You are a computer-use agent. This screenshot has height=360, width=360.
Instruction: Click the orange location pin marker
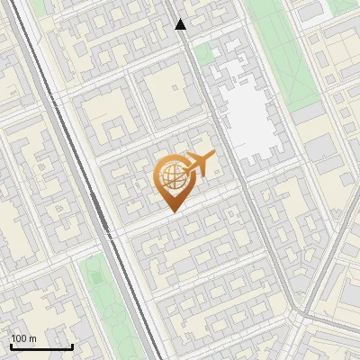pyautogui.click(x=173, y=181)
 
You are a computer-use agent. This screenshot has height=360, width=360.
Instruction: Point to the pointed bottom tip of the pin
pyautogui.click(x=173, y=211)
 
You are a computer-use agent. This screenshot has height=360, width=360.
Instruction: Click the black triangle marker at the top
pyautogui.click(x=181, y=24)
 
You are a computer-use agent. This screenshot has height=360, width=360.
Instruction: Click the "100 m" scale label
pyautogui.click(x=23, y=338)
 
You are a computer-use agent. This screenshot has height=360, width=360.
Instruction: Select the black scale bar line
pyautogui.click(x=41, y=346)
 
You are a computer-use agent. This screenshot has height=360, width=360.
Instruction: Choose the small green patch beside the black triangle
pyautogui.click(x=203, y=54)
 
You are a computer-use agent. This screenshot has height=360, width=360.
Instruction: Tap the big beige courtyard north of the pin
pyautogui.click(x=164, y=90)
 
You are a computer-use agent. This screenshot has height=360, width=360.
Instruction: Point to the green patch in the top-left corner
pyautogui.click(x=38, y=7)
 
